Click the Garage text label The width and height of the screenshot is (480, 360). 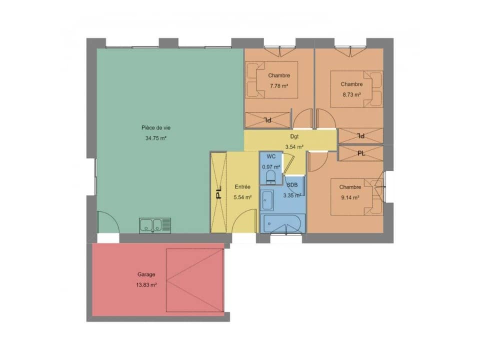coord(146,274)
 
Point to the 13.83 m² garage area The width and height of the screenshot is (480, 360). coord(146,284)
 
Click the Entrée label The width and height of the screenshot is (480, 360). coord(242,187)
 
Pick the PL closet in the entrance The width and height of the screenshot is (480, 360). coord(218,192)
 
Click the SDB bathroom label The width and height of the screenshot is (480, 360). coord(292,185)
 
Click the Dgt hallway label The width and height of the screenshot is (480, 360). coord(294,136)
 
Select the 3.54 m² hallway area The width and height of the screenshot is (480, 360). coord(294,146)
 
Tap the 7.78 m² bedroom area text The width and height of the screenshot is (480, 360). coord(279,86)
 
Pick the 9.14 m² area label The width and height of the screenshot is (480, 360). coord(349,197)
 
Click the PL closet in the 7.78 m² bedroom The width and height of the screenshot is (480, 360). coord(267,120)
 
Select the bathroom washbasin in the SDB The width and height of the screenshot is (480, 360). coord(267,200)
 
